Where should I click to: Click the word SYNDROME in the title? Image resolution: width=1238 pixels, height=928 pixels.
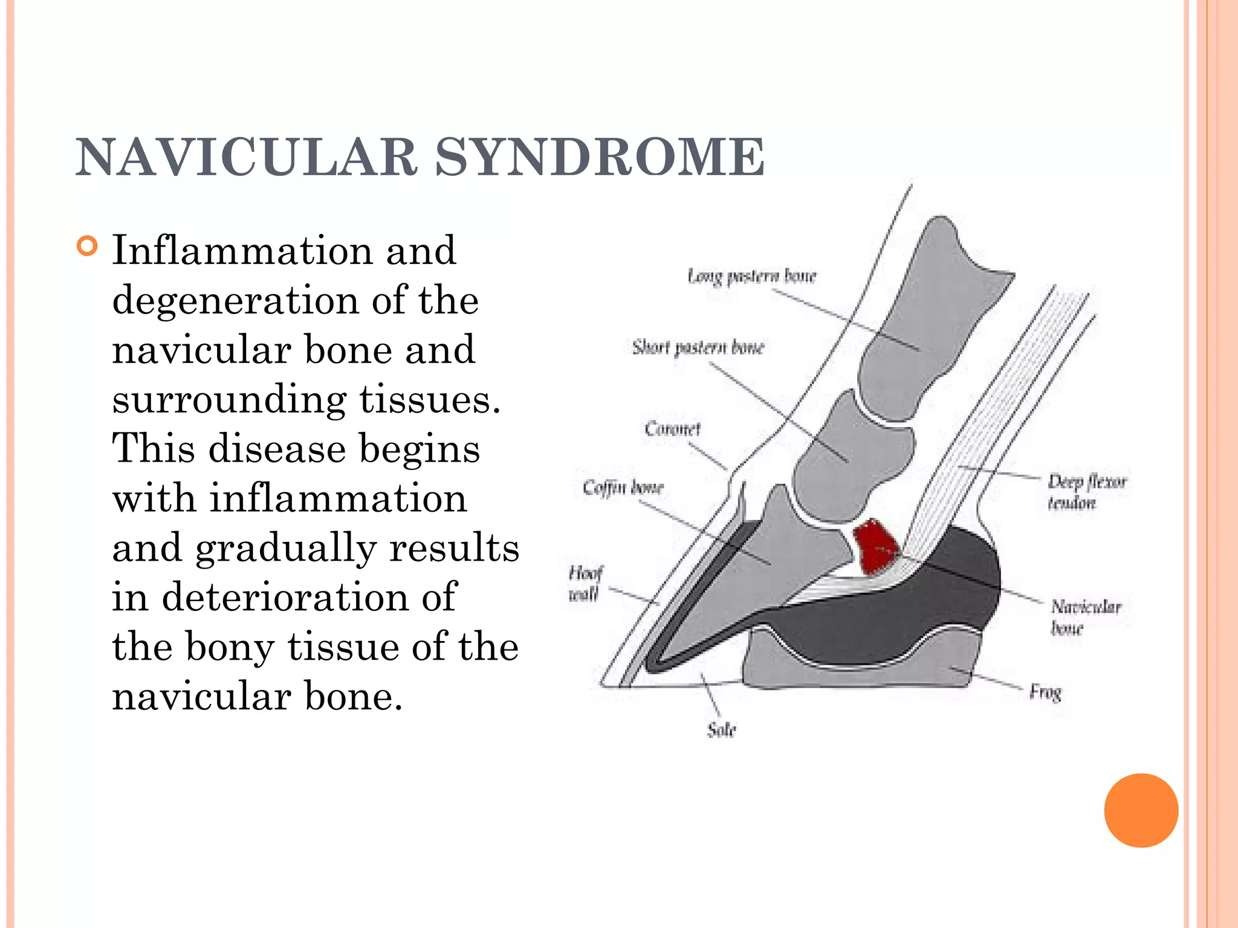(600, 157)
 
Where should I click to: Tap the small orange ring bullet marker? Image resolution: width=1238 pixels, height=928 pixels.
(88, 246)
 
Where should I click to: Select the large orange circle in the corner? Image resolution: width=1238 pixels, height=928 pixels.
(1141, 810)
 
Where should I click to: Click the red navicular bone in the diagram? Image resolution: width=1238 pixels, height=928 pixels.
(875, 546)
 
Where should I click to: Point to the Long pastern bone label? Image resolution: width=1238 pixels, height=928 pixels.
(752, 277)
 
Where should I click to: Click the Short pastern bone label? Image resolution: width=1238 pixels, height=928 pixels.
(698, 347)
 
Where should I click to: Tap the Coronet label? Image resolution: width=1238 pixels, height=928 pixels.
(672, 429)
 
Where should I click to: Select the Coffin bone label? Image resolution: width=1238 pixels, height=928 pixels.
(623, 487)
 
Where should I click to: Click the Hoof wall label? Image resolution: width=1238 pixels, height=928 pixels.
(585, 584)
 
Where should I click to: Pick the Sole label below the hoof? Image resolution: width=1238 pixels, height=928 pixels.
(722, 730)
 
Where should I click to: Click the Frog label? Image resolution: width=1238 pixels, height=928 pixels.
(1045, 692)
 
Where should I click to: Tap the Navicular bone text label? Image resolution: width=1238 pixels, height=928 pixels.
(1085, 617)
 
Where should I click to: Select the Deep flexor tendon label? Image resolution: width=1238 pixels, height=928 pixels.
(1086, 492)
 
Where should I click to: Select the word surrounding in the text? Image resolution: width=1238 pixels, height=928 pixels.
(229, 399)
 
